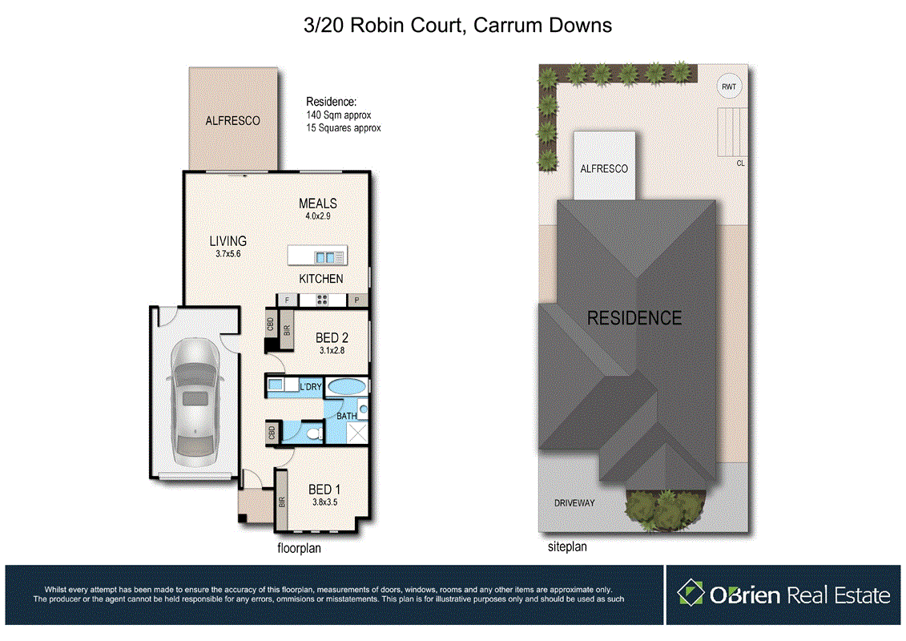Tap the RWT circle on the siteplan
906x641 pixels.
[x=729, y=87]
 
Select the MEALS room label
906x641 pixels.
[x=317, y=204]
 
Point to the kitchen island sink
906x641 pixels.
[x=328, y=257]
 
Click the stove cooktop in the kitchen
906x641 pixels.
[x=322, y=300]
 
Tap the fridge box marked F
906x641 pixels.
[x=287, y=300]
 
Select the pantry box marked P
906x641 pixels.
[x=356, y=300]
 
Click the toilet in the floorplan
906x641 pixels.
[x=315, y=433]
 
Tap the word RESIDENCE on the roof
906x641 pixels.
[x=634, y=318]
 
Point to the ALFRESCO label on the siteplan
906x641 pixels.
[x=604, y=169]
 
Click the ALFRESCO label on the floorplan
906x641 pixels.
[x=232, y=121]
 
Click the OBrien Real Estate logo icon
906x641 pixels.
[x=691, y=594]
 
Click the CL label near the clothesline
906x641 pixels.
[x=740, y=163]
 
